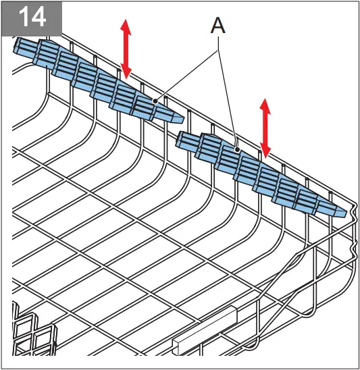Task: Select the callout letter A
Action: [x=218, y=26]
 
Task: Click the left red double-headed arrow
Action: [x=126, y=49]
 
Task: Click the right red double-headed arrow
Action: [x=266, y=128]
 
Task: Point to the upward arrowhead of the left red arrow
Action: [x=126, y=26]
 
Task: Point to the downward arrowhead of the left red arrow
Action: [x=126, y=72]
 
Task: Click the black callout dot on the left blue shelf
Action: [x=156, y=100]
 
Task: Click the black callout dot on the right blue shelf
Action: [x=238, y=148]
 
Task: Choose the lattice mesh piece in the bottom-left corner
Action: [x=30, y=331]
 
